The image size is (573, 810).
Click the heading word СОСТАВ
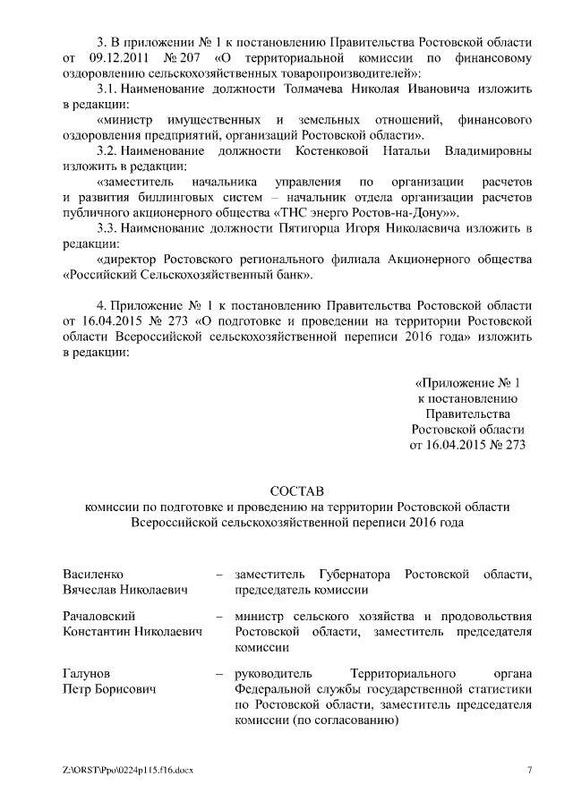(x=286, y=490)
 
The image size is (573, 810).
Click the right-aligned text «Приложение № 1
(x=467, y=383)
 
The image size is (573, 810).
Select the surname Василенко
(x=94, y=574)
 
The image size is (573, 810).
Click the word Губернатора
(x=349, y=574)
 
